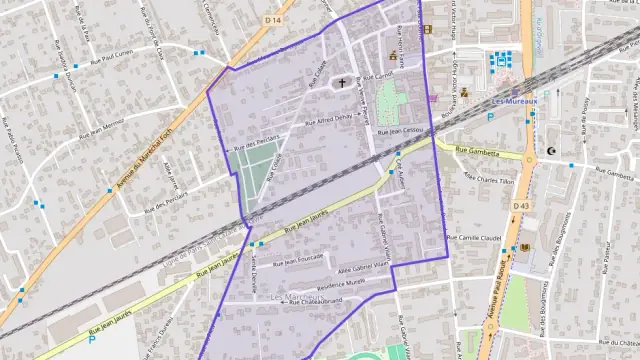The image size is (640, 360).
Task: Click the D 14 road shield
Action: [x=274, y=19]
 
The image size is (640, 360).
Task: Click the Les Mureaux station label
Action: [x=514, y=99]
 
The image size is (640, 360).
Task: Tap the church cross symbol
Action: [x=342, y=84]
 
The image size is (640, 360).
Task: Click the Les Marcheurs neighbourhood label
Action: [x=297, y=298]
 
